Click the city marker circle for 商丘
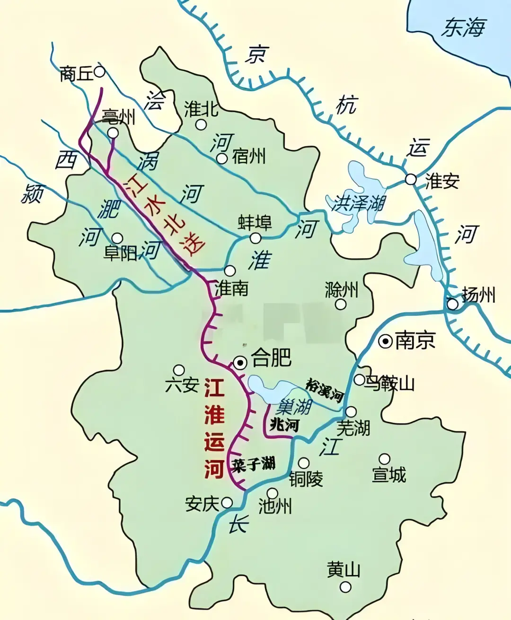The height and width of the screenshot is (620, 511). pos(99,72)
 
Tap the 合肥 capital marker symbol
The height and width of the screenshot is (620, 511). pos(240,363)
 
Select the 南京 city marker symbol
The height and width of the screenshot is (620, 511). pos(386,341)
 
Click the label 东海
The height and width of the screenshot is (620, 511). pos(463,27)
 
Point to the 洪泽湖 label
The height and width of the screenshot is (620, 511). pos(358,203)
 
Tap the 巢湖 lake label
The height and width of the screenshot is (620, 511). pos(294,406)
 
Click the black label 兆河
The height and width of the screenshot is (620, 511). pos(284,424)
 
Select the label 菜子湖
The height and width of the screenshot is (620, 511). pos(253,464)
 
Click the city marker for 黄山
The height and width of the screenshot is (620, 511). pos(346,587)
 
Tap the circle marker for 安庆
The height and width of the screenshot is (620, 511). pos(228,502)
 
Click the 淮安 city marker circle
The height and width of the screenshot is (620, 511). pos(411,179)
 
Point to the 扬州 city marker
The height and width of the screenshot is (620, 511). pos(453,304)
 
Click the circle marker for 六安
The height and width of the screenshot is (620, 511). pos(179,370)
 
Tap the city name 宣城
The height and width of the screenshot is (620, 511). pos(389,475)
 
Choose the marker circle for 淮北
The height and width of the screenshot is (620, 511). pos(201,124)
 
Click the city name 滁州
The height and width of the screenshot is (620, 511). pos(342,289)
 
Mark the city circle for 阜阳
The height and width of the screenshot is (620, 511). pos(117,238)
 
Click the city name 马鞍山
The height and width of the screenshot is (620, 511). pos(389,383)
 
